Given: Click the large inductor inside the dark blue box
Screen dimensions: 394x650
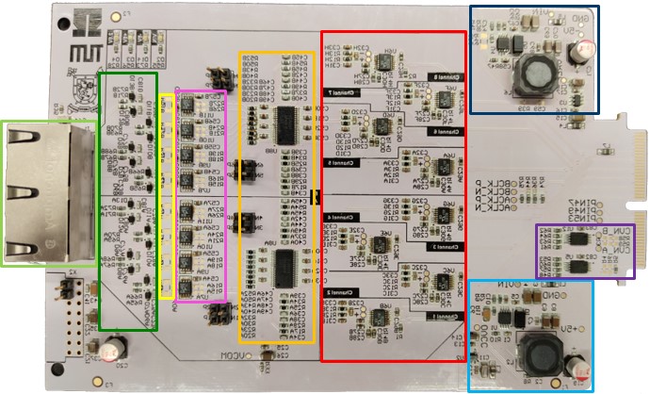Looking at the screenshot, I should click(540, 74).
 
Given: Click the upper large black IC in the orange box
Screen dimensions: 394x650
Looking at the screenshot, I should click(287, 119).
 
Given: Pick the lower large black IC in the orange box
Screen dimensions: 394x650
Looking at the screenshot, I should click(287, 263).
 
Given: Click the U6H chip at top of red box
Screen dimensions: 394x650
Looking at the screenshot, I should click(384, 62).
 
